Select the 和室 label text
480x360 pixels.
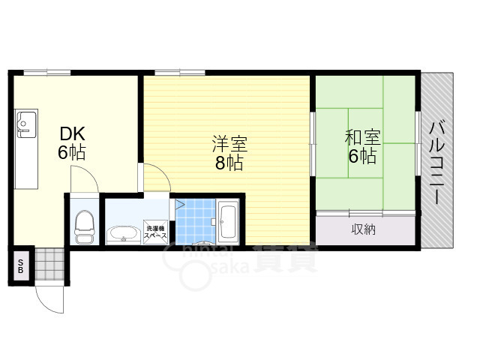(362, 138)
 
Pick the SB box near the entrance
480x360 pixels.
(20, 265)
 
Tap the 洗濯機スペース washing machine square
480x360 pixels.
(157, 232)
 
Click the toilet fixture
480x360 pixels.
(85, 224)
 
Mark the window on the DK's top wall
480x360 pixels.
(46, 72)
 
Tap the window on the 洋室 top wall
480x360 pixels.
(180, 72)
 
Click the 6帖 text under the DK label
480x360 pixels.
(73, 154)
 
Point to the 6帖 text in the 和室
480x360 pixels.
(362, 157)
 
